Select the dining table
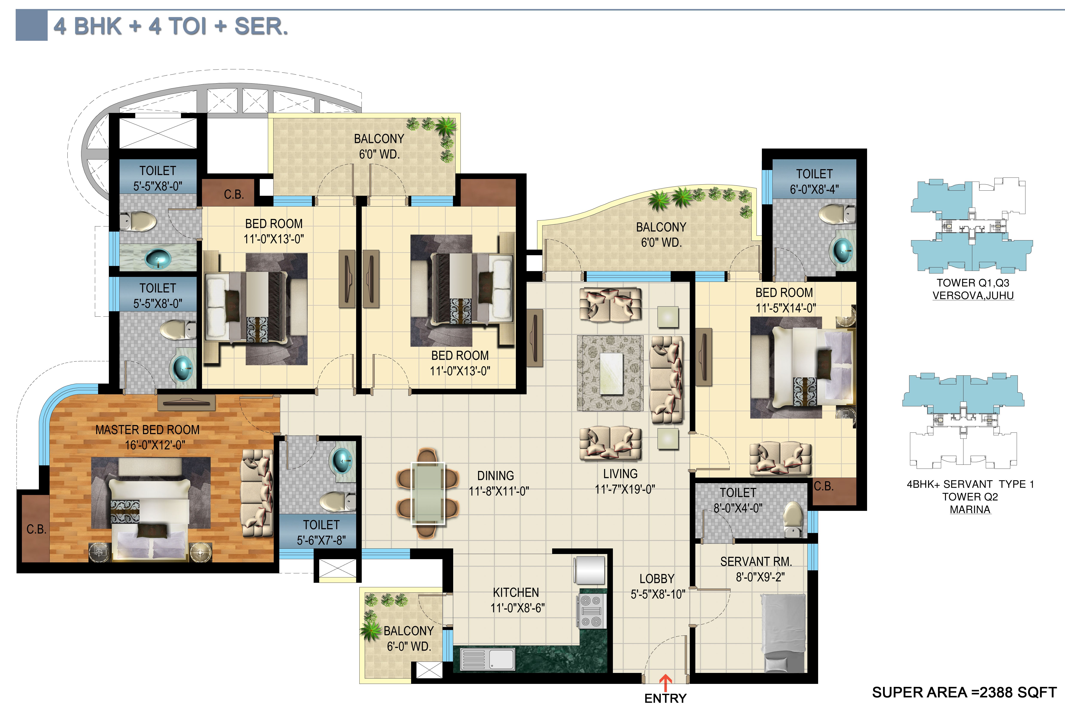point(428,493)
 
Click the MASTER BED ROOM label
point(147,430)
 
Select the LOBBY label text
point(656,579)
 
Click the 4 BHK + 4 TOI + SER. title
point(170,26)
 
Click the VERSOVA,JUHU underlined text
point(973,296)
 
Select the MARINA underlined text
point(970,509)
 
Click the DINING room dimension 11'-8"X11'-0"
point(499,491)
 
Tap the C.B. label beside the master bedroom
point(36,529)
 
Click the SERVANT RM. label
point(756,561)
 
